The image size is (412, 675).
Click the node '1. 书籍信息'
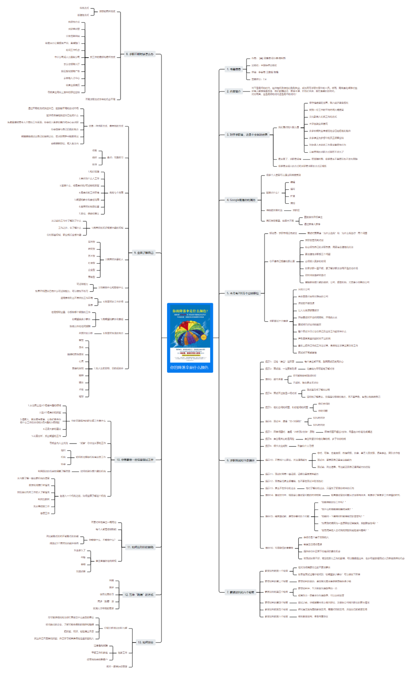tap(233, 69)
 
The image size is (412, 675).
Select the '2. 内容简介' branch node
tap(233, 91)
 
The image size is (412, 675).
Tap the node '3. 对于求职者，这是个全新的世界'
tap(247, 135)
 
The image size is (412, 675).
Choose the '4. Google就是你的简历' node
tap(241, 200)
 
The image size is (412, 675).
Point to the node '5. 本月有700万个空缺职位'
tap(243, 293)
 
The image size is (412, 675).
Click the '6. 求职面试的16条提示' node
tap(240, 460)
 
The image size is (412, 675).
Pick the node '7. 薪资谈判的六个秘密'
tap(240, 592)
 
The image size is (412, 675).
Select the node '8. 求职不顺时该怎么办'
tap(140, 54)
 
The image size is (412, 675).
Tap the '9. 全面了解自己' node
tap(143, 253)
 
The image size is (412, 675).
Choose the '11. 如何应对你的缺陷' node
tap(140, 547)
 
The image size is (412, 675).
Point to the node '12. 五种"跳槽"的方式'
tap(139, 594)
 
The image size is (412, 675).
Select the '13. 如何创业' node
tap(145, 642)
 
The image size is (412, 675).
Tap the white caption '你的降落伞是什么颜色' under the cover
tap(190, 367)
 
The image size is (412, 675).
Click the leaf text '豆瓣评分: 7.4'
tap(259, 79)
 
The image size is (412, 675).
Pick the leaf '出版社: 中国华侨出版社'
tap(264, 65)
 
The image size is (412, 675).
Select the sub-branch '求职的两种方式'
tap(107, 11)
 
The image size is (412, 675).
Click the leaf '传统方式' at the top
tap(84, 8)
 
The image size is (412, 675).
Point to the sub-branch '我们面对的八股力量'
tap(288, 127)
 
